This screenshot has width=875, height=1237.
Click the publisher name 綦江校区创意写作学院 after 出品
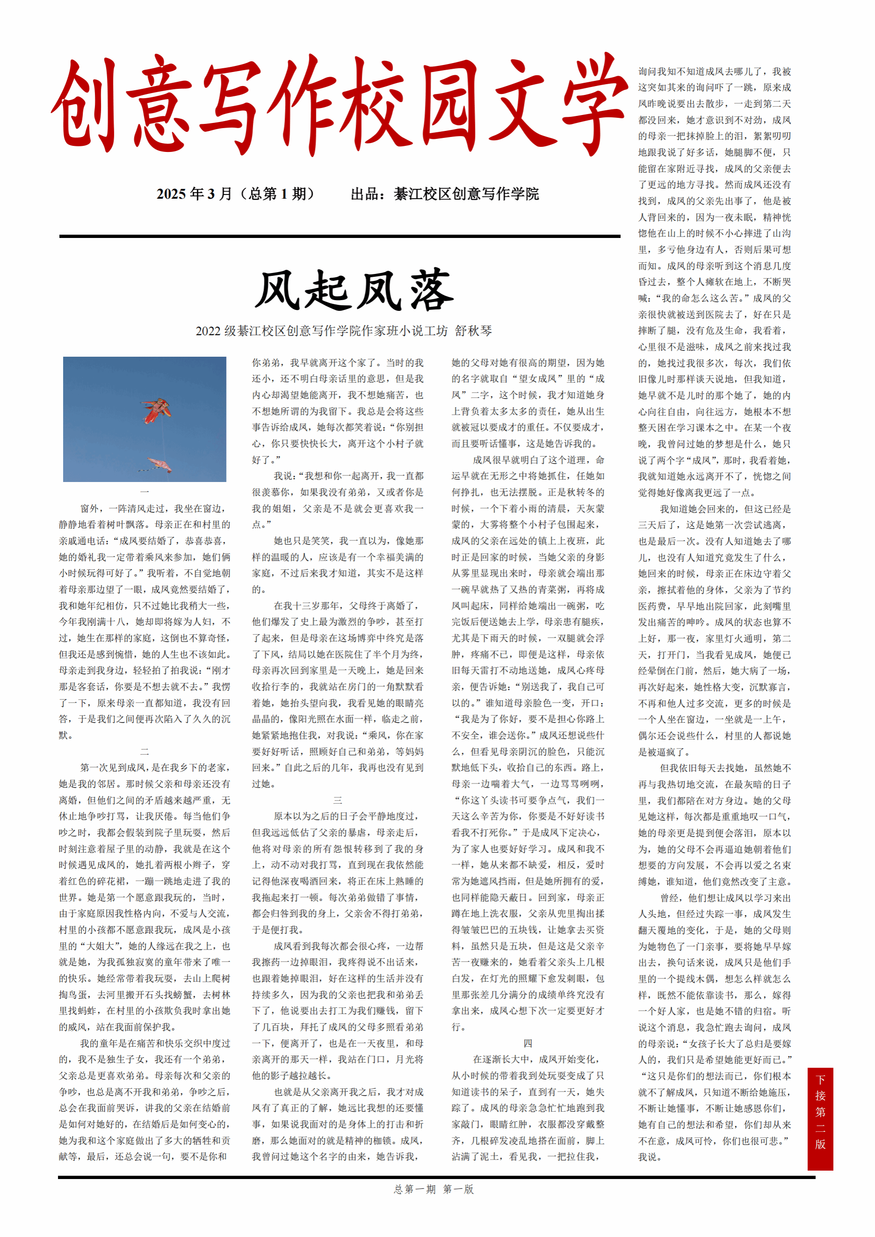tap(467, 194)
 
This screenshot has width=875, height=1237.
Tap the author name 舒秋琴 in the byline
tap(474, 331)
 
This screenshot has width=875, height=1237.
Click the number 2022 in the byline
tap(208, 331)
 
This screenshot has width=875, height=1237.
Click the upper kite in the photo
tap(157, 410)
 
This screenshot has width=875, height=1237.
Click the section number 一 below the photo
tap(145, 492)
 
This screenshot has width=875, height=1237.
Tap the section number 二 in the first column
tap(145, 751)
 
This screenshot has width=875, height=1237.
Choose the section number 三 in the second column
tap(337, 800)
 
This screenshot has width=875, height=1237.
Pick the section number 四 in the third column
tap(528, 1043)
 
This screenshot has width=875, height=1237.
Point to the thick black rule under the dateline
tap(340, 236)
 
